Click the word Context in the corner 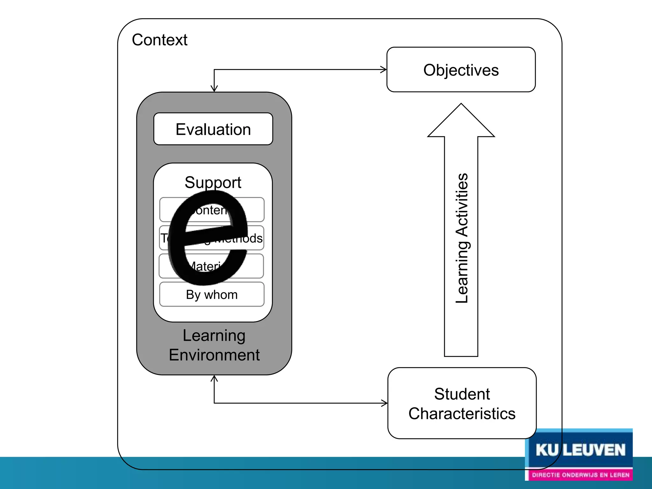(x=159, y=40)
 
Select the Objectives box (x=461, y=70)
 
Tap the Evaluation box (x=213, y=129)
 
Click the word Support (x=213, y=182)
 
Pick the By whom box (x=212, y=294)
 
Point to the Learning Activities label (x=462, y=238)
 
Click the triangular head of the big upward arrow (x=461, y=123)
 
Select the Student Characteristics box (x=462, y=403)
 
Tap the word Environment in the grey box (x=214, y=355)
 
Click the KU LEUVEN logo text (x=580, y=450)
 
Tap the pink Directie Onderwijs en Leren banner (x=580, y=475)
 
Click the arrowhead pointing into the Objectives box (x=384, y=70)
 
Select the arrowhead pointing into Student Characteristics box (x=385, y=403)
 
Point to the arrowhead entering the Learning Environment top (x=214, y=89)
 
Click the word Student (x=462, y=394)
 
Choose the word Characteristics (x=462, y=414)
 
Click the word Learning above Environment (x=214, y=336)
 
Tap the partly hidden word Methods (x=248, y=238)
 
